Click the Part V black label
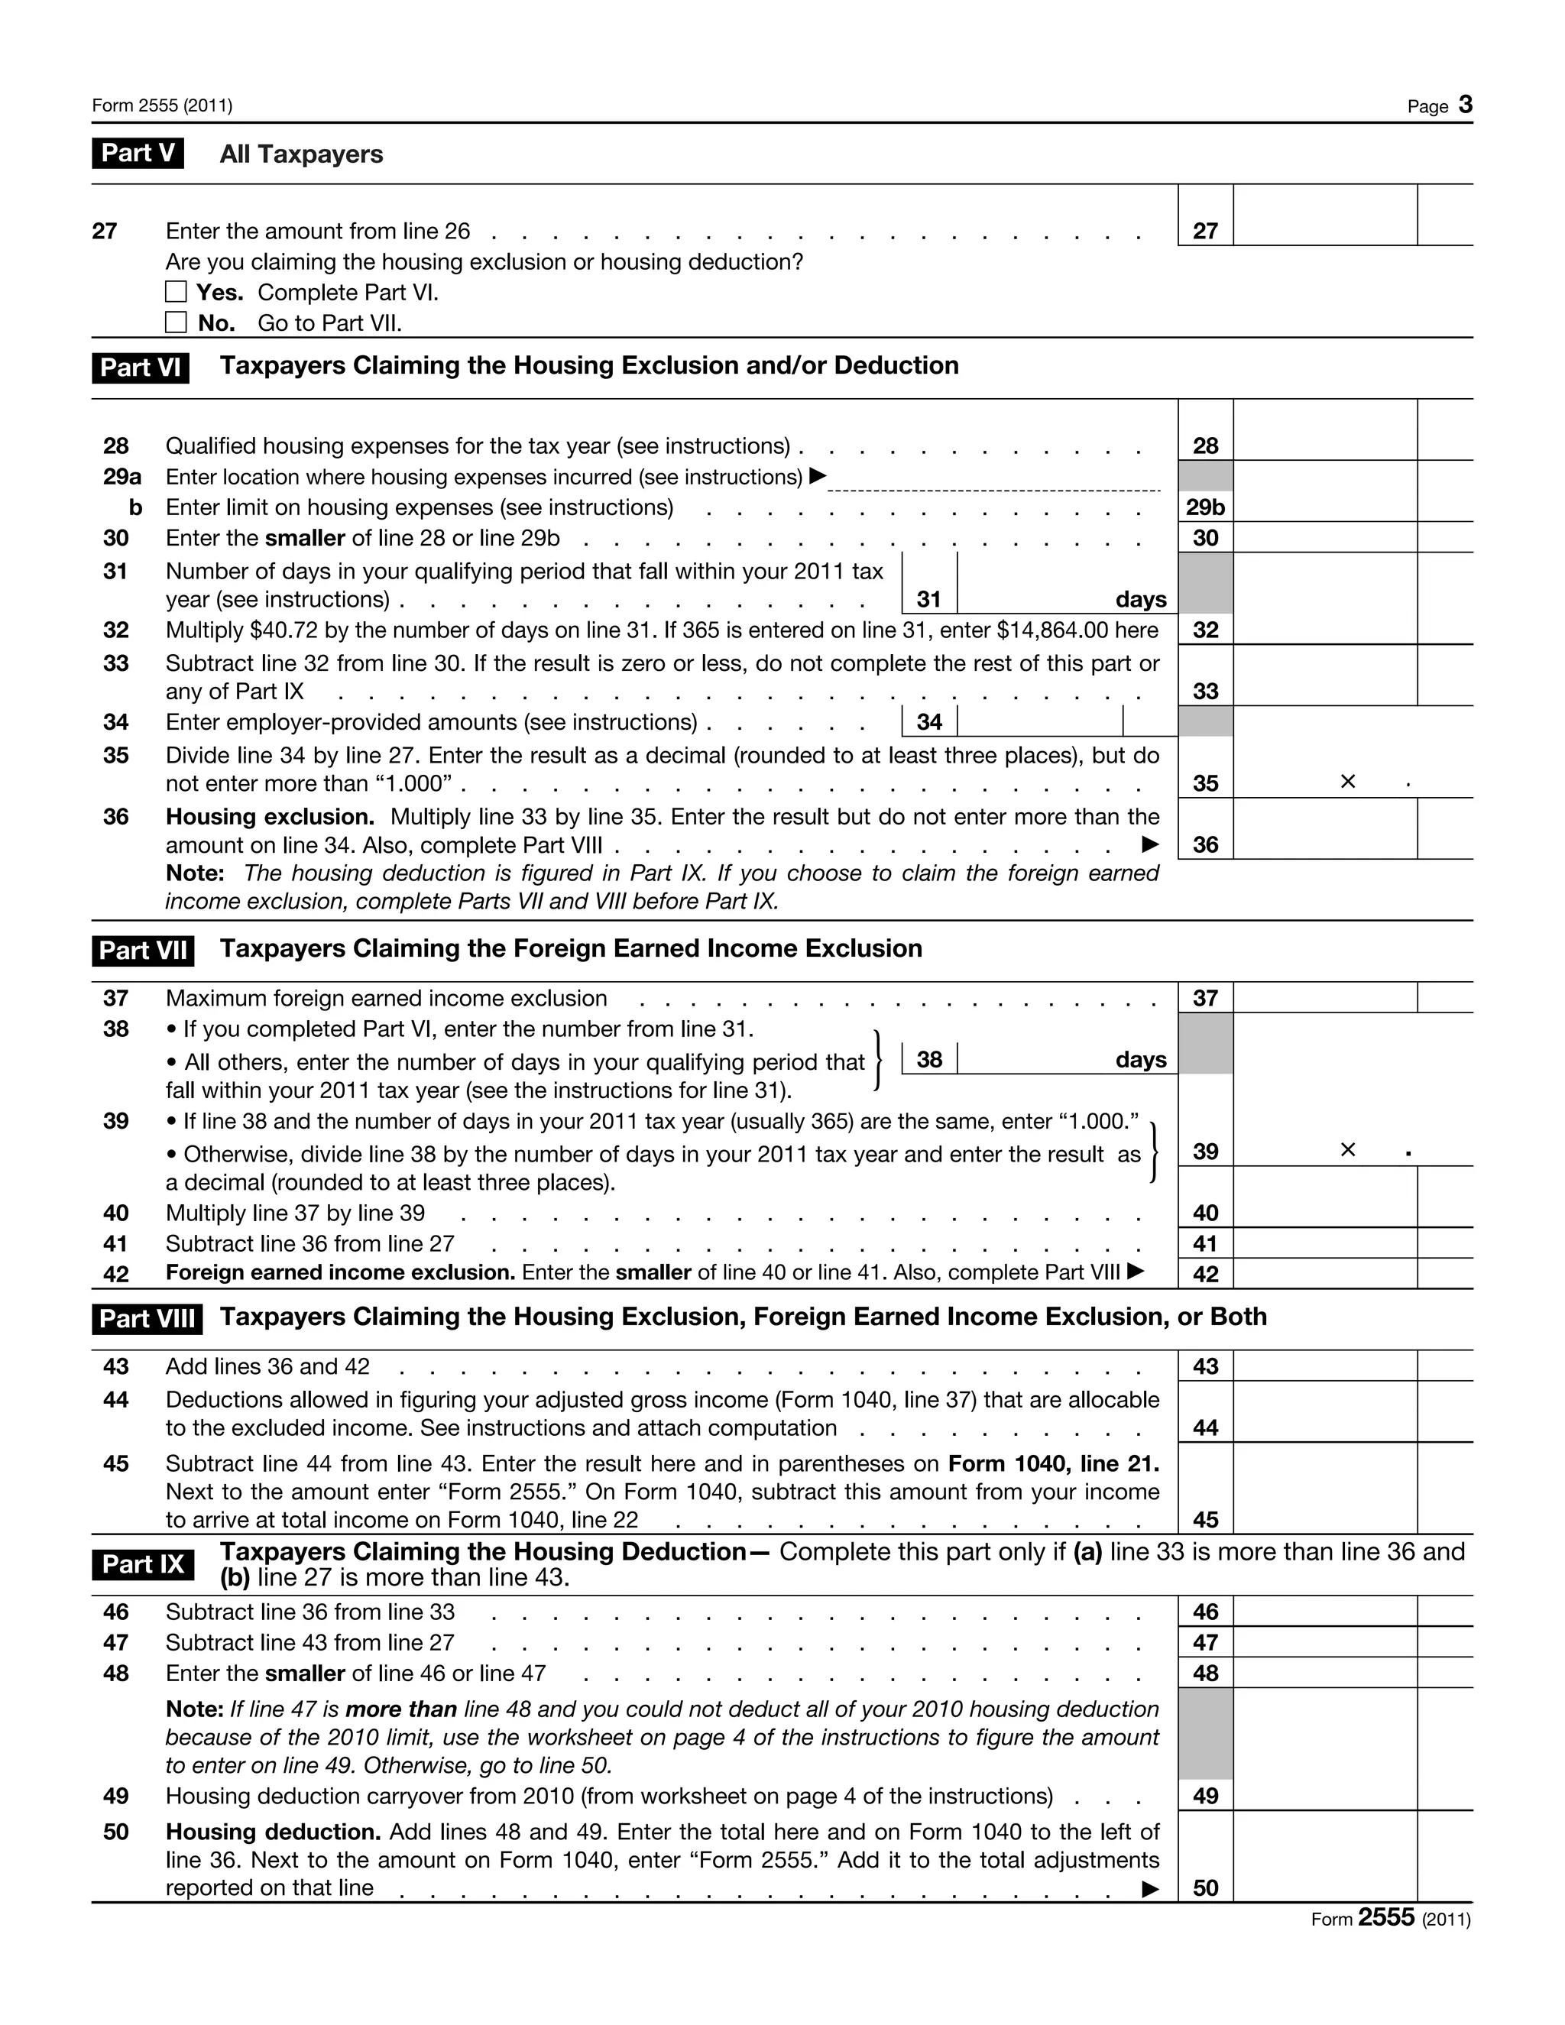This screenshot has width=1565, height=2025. tap(138, 153)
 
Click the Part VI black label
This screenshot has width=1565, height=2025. tap(140, 367)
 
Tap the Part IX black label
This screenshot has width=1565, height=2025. tap(143, 1564)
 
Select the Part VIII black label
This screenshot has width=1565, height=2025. tap(147, 1318)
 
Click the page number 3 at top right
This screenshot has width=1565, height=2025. tap(1465, 105)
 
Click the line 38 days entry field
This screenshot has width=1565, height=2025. tap(1034, 1059)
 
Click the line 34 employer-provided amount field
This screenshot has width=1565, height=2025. tap(1038, 721)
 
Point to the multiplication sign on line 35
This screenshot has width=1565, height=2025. tap(1348, 782)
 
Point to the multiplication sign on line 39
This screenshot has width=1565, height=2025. tap(1348, 1150)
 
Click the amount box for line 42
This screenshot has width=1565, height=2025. tap(1324, 1273)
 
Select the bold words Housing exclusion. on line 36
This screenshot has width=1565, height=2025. tap(270, 817)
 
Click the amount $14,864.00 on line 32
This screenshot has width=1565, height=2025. tap(1052, 630)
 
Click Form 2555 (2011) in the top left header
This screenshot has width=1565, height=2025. tap(162, 105)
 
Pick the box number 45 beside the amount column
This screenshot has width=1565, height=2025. tap(1205, 1519)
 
